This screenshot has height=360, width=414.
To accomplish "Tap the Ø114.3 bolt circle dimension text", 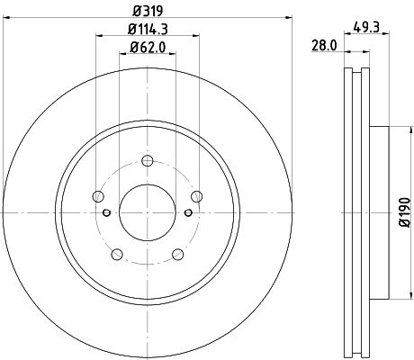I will click(x=148, y=28).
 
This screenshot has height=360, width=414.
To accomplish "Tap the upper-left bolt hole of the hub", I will click(x=98, y=197).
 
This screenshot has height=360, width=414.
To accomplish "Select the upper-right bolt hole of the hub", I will click(x=197, y=197).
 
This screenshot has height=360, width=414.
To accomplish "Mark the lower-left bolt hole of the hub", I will click(x=117, y=255).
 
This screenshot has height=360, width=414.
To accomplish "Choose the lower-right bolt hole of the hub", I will click(x=178, y=255).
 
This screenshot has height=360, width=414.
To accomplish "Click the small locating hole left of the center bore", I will click(x=107, y=212).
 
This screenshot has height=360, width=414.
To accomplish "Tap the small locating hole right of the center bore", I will click(x=188, y=212).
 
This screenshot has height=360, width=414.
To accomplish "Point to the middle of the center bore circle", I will click(x=148, y=212).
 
